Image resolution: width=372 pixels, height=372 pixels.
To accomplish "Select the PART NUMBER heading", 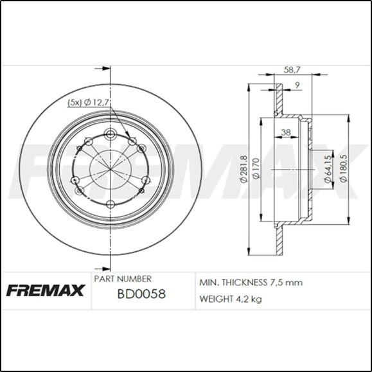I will click(x=123, y=279).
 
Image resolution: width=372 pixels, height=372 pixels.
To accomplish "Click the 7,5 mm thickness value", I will click(x=287, y=282).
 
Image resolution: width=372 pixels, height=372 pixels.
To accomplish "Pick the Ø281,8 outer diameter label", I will click(x=244, y=168).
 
